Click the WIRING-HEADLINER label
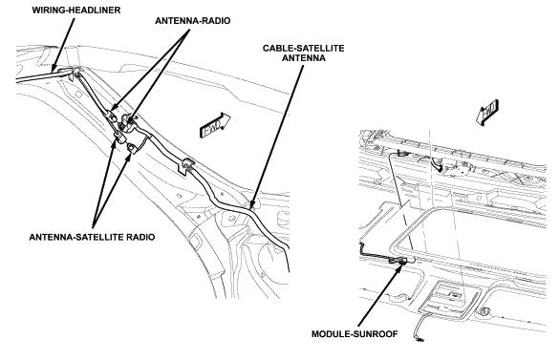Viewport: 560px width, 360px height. (76, 10)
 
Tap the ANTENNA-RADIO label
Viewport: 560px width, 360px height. (192, 21)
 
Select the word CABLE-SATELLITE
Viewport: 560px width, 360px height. (303, 48)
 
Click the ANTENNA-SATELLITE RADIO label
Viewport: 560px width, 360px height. (92, 237)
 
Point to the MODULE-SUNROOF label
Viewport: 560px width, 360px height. (355, 334)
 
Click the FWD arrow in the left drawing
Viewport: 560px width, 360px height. (214, 126)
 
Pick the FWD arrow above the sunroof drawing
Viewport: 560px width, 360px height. (487, 112)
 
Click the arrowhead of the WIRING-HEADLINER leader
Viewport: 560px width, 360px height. (54, 68)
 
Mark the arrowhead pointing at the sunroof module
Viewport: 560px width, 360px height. (401, 266)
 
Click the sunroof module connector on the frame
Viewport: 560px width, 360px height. (398, 260)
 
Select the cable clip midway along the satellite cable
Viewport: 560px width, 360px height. (186, 166)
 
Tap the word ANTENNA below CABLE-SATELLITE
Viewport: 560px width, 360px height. (304, 58)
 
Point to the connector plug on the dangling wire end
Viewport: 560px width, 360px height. (420, 340)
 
